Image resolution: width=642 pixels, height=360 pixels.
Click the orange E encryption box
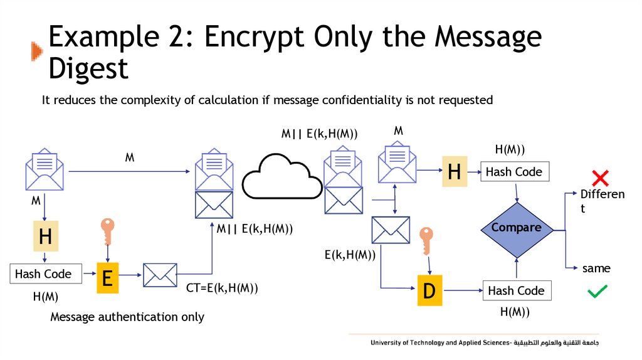click(107, 277)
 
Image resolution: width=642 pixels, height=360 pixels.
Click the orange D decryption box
click(429, 290)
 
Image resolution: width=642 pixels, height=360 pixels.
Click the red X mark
click(600, 177)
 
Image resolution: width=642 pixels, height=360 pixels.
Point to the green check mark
click(597, 291)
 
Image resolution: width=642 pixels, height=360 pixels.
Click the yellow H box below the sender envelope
click(45, 236)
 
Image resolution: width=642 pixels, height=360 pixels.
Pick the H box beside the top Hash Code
click(455, 172)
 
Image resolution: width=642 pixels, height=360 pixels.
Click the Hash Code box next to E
click(43, 274)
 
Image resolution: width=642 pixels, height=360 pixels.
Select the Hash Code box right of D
click(516, 290)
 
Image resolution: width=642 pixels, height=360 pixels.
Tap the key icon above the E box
click(108, 232)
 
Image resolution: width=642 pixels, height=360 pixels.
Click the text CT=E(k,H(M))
click(222, 289)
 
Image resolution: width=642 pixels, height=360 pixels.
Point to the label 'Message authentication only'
click(127, 317)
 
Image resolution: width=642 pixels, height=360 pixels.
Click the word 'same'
click(596, 268)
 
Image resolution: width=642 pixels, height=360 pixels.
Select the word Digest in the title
click(88, 68)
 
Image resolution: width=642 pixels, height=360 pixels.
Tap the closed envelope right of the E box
click(160, 275)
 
